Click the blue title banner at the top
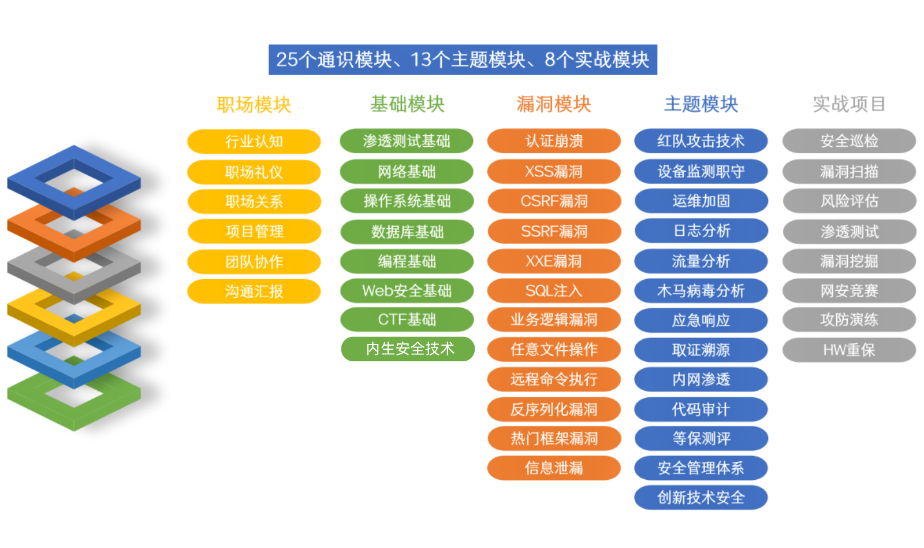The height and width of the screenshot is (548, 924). pos(463,60)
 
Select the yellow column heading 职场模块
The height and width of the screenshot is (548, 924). pos(254,105)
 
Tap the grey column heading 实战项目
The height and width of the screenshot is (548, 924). pos(849,104)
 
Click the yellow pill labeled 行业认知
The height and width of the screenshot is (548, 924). pos(254,142)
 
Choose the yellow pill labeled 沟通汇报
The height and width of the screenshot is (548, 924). pos(254,291)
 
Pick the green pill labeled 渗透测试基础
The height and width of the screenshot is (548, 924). pos(407,141)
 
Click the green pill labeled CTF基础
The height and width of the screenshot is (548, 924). pos(407,320)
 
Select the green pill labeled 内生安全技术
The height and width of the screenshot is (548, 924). pos(408,349)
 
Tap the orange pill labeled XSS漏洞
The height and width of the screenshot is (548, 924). pos(554,172)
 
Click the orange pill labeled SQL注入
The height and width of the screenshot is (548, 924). pos(554,291)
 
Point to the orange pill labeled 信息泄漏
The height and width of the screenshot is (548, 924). pos(554,468)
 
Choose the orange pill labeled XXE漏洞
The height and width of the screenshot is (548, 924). pos(554,261)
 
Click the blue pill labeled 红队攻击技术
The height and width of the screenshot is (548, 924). pos(701,141)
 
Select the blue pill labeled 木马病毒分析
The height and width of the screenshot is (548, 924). pos(701,291)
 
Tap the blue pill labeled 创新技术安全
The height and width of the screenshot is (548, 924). pos(701,498)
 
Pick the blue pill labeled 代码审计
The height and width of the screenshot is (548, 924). pos(701,409)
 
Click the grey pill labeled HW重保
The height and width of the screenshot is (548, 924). pos(849,350)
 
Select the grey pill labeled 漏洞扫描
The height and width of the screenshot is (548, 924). pos(849,172)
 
